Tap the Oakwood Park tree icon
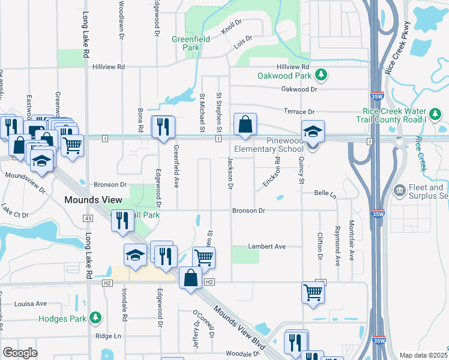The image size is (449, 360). click(322, 74)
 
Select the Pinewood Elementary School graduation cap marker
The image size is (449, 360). click(312, 132)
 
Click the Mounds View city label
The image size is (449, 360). click(94, 199)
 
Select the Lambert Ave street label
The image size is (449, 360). click(267, 247)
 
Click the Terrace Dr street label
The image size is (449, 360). click(299, 112)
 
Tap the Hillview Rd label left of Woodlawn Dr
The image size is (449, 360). click(108, 67)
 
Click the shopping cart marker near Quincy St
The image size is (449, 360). click(313, 293)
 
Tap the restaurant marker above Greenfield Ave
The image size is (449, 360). click(163, 127)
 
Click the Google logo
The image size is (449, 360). click(20, 353)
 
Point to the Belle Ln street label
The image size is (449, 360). click(325, 193)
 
